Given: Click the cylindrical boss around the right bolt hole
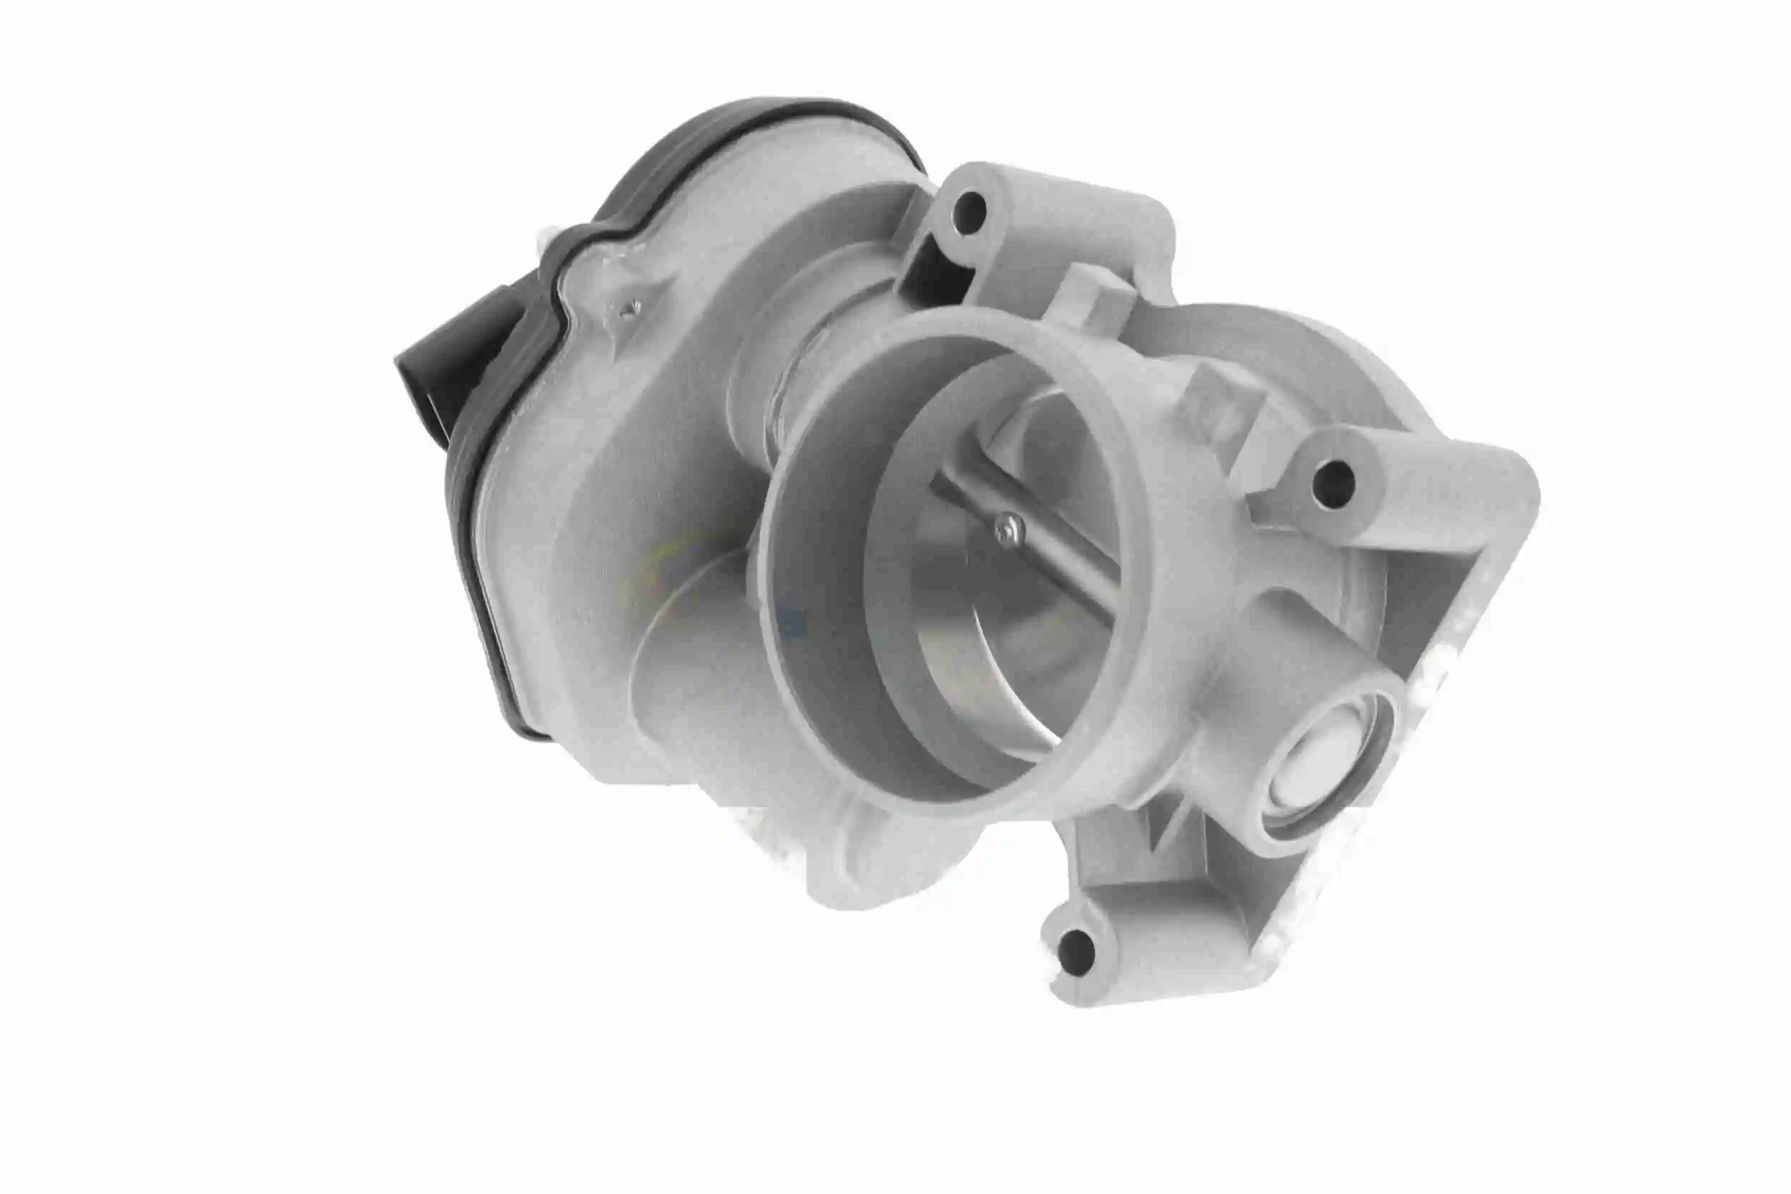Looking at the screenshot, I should [1370, 487].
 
